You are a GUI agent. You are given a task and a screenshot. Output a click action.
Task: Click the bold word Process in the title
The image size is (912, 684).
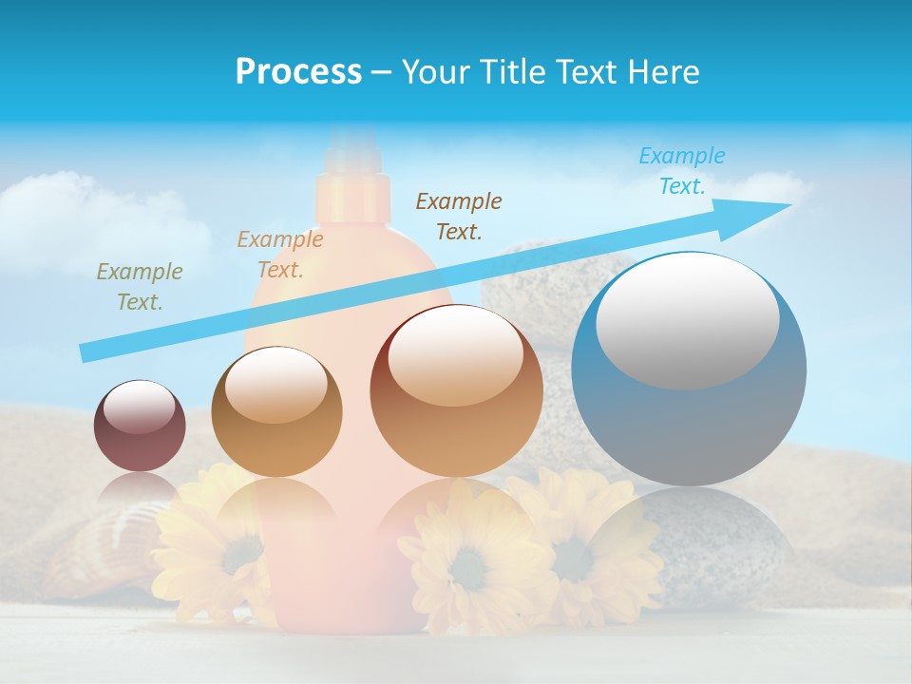tap(298, 72)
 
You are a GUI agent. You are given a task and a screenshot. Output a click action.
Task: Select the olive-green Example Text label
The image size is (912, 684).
tap(140, 286)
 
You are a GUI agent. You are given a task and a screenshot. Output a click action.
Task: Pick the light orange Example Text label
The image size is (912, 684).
tap(280, 255)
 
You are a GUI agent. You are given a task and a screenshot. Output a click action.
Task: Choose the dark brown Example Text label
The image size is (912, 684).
tap(459, 216)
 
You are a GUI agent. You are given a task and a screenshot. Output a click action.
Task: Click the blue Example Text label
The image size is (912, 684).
tap(681, 171)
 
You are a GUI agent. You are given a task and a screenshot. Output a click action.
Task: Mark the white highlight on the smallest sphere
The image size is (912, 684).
tap(140, 408)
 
